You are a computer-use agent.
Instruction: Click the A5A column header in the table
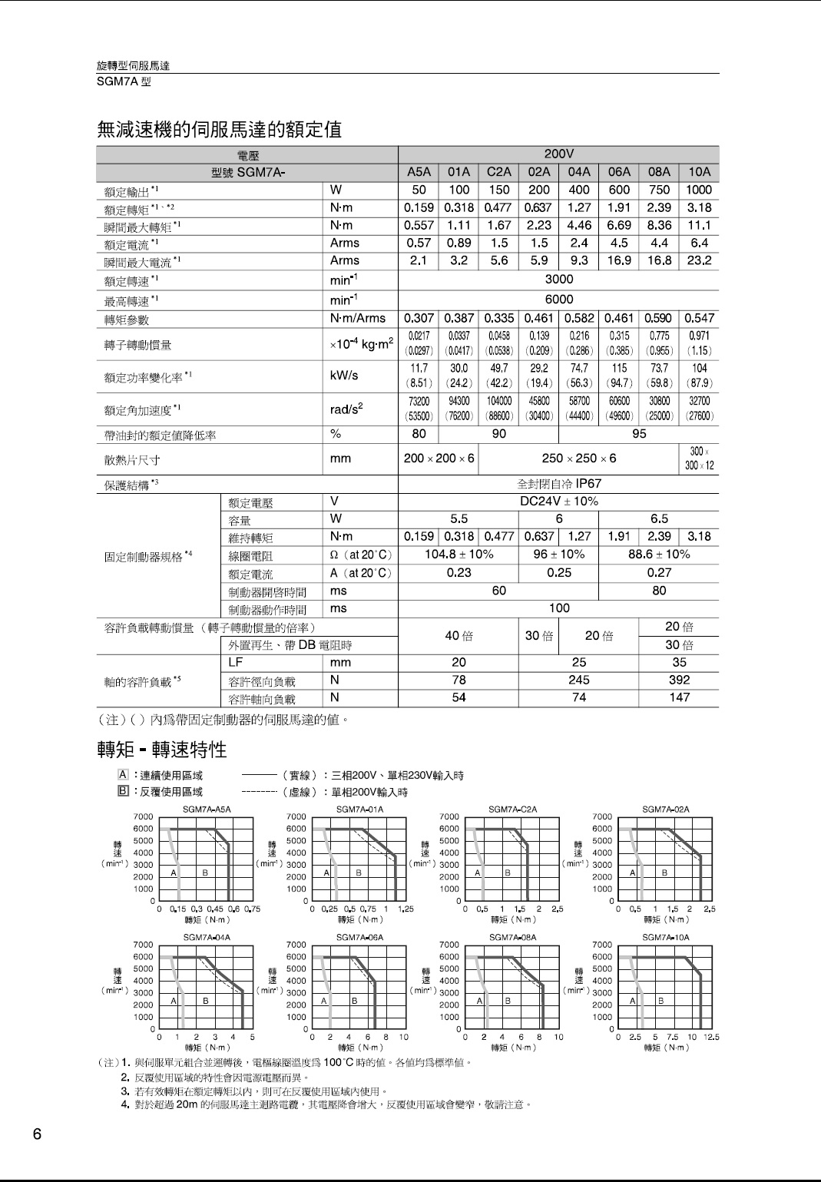tap(419, 172)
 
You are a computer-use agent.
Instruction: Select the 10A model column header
tap(699, 172)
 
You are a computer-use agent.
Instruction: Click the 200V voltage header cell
tap(558, 154)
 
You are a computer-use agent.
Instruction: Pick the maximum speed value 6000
tap(558, 300)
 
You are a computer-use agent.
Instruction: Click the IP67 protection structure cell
tap(558, 484)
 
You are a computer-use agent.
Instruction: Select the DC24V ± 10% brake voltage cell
tap(558, 502)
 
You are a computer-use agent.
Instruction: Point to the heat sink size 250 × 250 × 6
tap(578, 459)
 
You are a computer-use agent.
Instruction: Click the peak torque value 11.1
tap(699, 226)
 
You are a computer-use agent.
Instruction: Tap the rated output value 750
tap(659, 190)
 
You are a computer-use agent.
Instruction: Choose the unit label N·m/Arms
tap(358, 318)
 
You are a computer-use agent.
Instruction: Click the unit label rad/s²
tap(346, 409)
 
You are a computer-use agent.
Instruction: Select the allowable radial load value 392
tap(679, 680)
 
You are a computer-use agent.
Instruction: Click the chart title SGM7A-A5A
tap(207, 809)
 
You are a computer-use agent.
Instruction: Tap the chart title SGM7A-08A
tap(512, 937)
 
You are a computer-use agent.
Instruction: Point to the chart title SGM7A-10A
tap(666, 937)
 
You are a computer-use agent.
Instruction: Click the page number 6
tap(37, 1134)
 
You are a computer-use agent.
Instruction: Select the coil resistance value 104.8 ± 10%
tap(459, 555)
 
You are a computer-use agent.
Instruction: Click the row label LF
tap(236, 662)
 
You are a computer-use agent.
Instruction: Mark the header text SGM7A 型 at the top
tap(124, 81)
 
